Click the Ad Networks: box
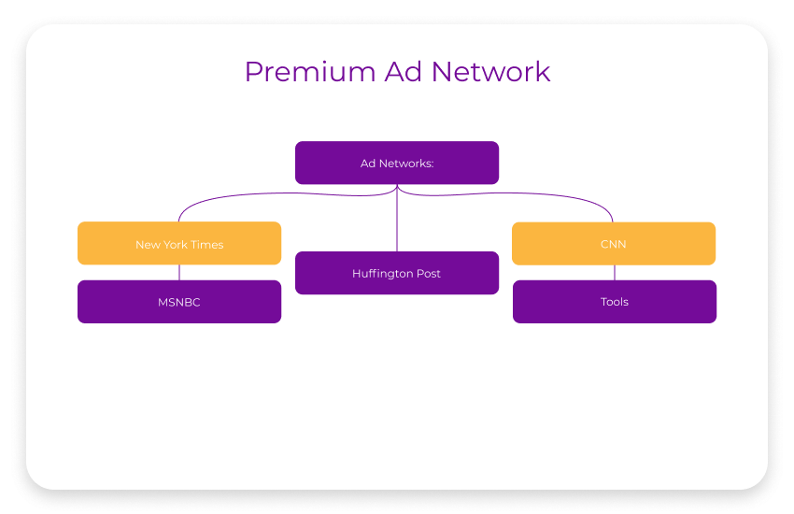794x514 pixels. pyautogui.click(x=397, y=163)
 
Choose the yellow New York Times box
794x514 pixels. pyautogui.click(x=179, y=243)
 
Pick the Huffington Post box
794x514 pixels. pyautogui.click(x=397, y=273)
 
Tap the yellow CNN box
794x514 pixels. pyautogui.click(x=614, y=243)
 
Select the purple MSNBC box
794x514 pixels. pyautogui.click(x=179, y=302)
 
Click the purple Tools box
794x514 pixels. pyautogui.click(x=615, y=302)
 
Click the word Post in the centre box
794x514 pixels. pyautogui.click(x=429, y=274)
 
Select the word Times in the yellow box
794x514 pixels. pyautogui.click(x=208, y=245)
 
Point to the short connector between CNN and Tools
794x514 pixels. pyautogui.click(x=615, y=273)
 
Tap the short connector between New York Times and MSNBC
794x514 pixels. pyautogui.click(x=179, y=273)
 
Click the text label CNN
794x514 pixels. pyautogui.click(x=614, y=245)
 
